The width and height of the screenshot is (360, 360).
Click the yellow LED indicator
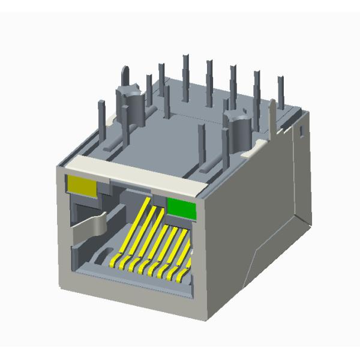[x=83, y=186]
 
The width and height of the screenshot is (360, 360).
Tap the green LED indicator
[x=182, y=208]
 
